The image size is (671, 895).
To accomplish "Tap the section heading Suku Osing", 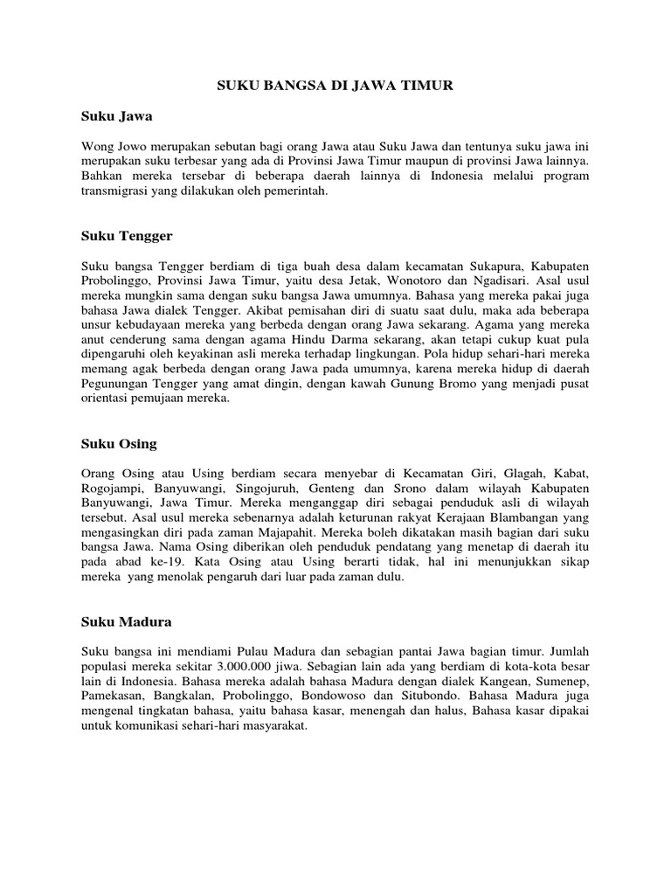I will click(119, 444).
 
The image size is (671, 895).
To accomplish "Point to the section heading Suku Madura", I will click(126, 622).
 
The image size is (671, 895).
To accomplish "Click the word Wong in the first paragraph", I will click(97, 144).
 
